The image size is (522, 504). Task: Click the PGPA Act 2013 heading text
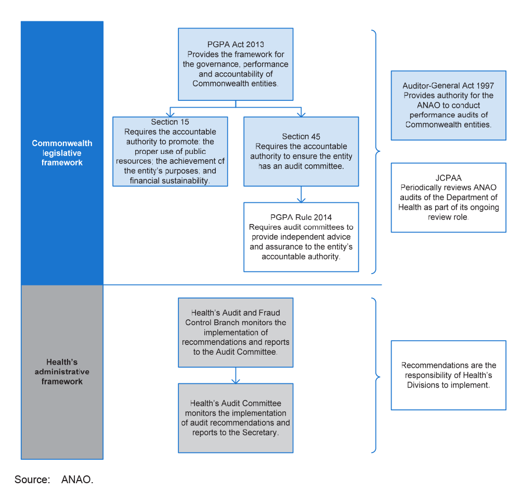(236, 44)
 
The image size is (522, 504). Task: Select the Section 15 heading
(170, 122)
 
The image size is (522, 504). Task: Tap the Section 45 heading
(301, 137)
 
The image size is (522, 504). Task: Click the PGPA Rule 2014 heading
(301, 217)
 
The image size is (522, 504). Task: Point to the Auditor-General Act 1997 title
(448, 86)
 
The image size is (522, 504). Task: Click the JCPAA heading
(448, 178)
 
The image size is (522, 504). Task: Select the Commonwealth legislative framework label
(62, 153)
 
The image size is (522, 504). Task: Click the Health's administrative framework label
(62, 372)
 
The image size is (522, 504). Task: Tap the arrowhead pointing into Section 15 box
(170, 114)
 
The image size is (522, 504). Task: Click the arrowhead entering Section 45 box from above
(301, 114)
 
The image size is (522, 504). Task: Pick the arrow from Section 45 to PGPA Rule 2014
(301, 194)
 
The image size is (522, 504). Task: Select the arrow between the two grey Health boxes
(236, 376)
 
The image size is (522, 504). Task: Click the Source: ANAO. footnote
(54, 480)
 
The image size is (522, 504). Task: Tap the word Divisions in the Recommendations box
(423, 385)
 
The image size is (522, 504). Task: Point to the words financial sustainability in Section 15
(169, 180)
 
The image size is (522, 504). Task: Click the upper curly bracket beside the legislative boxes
(376, 151)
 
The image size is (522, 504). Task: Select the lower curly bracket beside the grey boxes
(376, 376)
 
